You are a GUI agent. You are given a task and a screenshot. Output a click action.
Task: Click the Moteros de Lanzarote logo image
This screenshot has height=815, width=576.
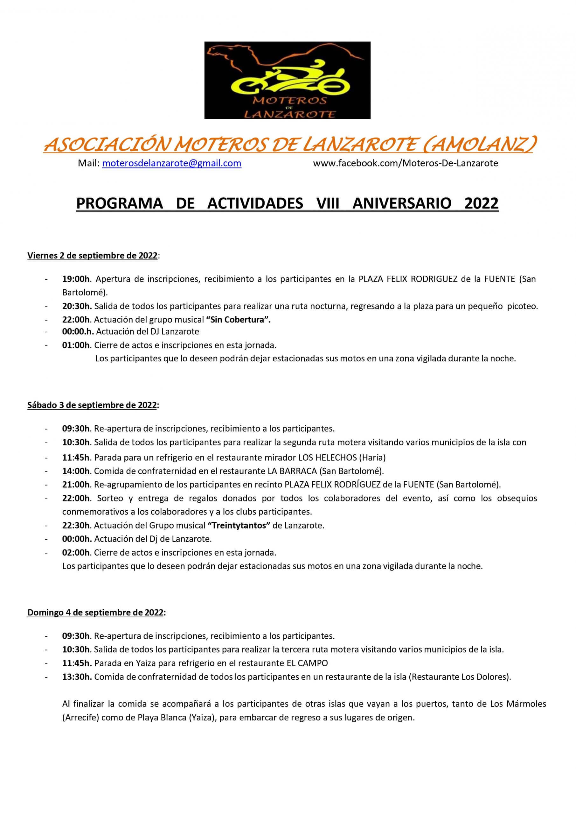point(287,80)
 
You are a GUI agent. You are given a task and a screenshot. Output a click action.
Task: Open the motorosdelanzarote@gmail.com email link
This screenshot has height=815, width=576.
point(172,163)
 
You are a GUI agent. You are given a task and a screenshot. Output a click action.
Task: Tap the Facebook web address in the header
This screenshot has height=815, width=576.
point(406,163)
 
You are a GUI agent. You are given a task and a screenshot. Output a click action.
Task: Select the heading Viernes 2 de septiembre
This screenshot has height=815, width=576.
point(92,256)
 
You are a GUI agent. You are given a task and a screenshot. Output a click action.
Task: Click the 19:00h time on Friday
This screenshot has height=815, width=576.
point(76,279)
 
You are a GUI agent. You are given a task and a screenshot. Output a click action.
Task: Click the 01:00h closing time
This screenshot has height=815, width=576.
point(76,345)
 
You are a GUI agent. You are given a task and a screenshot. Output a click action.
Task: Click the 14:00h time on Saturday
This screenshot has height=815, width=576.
point(76,471)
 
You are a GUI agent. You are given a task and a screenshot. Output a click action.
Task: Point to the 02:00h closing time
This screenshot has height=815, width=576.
point(76,553)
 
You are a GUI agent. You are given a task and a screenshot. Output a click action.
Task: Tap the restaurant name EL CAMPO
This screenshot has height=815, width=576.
point(307,663)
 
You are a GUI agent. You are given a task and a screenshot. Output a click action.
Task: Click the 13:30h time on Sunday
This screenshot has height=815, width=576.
point(77,677)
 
